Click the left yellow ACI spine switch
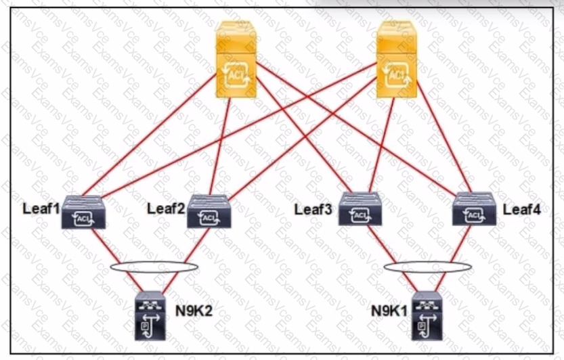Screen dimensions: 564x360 pyautogui.click(x=236, y=60)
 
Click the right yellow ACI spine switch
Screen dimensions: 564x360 pyautogui.click(x=397, y=60)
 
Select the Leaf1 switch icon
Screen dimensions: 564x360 pyautogui.click(x=83, y=212)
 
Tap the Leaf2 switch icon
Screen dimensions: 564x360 pyautogui.click(x=209, y=211)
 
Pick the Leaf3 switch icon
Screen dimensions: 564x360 pyautogui.click(x=360, y=209)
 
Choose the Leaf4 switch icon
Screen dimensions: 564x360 pyautogui.click(x=474, y=209)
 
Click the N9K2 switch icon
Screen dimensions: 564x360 pyautogui.click(x=150, y=316)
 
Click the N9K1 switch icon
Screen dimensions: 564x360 pyautogui.click(x=427, y=316)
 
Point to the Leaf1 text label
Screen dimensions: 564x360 pyautogui.click(x=41, y=208)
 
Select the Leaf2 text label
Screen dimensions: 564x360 pyautogui.click(x=166, y=208)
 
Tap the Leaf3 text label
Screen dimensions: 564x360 pyautogui.click(x=313, y=209)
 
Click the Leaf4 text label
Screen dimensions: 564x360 pyautogui.click(x=521, y=209)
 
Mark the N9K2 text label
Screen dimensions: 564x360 pyautogui.click(x=194, y=311)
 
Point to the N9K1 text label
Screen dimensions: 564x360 pyautogui.click(x=389, y=311)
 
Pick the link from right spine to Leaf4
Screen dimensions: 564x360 pyautogui.click(x=444, y=137)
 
